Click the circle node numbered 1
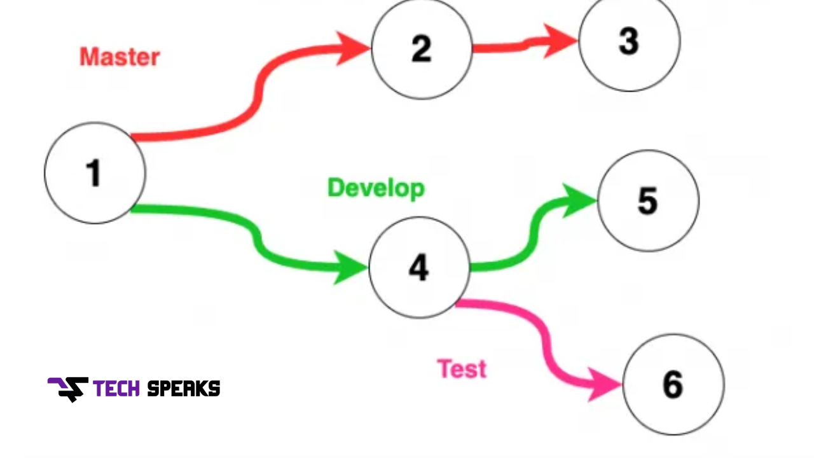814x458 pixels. pyautogui.click(x=95, y=173)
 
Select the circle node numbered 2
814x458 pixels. pyautogui.click(x=422, y=48)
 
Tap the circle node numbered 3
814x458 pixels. pyautogui.click(x=630, y=41)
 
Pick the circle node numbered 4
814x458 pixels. pyautogui.click(x=419, y=268)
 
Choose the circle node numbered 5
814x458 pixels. pyautogui.click(x=648, y=200)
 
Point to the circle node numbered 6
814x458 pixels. pyautogui.click(x=673, y=384)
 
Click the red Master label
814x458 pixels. pyautogui.click(x=120, y=57)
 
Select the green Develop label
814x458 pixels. pyautogui.click(x=376, y=188)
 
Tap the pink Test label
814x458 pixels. pyautogui.click(x=462, y=369)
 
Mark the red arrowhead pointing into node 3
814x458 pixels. pyautogui.click(x=560, y=41)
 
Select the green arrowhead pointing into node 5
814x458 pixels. pyautogui.click(x=579, y=200)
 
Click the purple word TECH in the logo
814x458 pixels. pyautogui.click(x=116, y=389)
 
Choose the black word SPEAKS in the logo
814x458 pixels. pyautogui.click(x=184, y=389)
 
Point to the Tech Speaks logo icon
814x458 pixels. pyautogui.click(x=68, y=389)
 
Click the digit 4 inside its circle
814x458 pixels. pyautogui.click(x=419, y=268)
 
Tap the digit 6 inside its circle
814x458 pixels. pyautogui.click(x=673, y=384)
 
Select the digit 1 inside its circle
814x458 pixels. pyautogui.click(x=93, y=173)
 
